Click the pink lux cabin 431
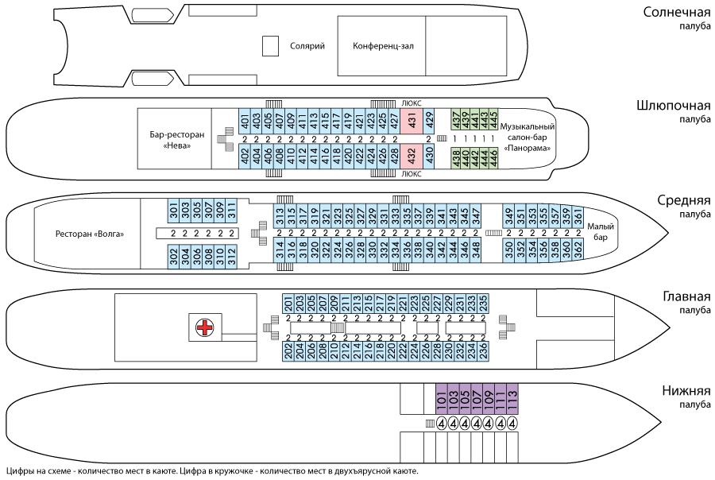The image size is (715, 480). point(412,121)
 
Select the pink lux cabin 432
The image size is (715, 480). point(412,155)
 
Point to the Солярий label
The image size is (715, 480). point(307,46)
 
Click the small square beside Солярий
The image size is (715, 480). point(270,46)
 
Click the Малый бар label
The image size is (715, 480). point(601,232)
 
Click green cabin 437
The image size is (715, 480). point(456,120)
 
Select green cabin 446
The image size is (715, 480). point(494,157)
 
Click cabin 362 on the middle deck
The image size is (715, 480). point(578,249)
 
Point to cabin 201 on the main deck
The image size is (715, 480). point(288,304)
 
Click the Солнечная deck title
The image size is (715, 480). point(676,14)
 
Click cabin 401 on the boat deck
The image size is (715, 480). point(245,122)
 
